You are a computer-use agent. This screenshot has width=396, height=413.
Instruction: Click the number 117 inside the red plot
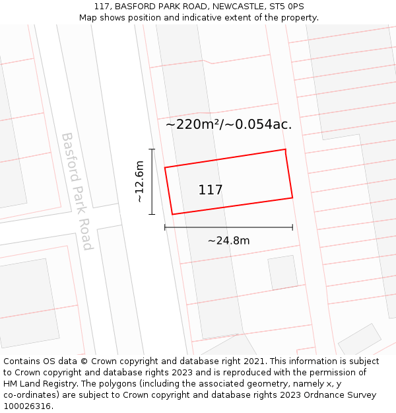tap(211, 190)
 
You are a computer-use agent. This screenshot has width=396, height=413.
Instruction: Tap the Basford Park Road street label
tap(77, 191)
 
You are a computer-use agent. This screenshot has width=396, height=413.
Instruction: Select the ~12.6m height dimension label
tap(139, 182)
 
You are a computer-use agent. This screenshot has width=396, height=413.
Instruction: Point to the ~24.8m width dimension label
tap(228, 241)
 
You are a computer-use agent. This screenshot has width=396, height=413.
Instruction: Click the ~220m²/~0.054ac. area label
tap(228, 124)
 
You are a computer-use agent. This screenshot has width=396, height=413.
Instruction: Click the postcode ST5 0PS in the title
tap(287, 7)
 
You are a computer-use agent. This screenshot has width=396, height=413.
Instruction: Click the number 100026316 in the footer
tap(28, 406)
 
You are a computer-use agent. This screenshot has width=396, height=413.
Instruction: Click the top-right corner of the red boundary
tap(285, 149)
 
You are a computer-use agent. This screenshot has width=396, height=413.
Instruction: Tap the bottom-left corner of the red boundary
tap(172, 214)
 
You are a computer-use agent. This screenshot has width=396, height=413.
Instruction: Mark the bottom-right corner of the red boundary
tap(292, 197)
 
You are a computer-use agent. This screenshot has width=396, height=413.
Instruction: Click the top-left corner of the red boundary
tap(165, 167)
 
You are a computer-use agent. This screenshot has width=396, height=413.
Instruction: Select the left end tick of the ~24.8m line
tap(165, 227)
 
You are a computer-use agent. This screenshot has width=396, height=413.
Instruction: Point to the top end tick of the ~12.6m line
tap(152, 149)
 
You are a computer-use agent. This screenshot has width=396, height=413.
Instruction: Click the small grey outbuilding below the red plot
tap(282, 272)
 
